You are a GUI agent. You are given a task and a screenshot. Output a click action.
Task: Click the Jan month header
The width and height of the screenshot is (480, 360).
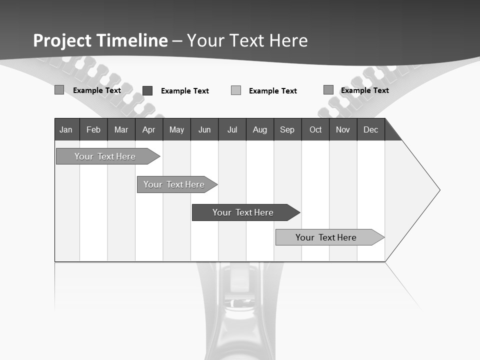(66, 130)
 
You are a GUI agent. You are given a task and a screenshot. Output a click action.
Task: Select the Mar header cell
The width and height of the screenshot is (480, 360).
(121, 130)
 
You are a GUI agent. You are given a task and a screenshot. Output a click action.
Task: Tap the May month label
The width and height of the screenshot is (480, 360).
(176, 130)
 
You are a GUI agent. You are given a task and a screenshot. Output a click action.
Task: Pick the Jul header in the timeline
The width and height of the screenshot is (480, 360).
(232, 130)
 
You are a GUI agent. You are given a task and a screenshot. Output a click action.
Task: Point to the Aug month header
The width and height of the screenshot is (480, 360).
(260, 130)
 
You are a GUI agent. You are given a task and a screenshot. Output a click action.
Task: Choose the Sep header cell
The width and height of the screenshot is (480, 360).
(287, 130)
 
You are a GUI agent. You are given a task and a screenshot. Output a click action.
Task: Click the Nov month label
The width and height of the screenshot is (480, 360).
(343, 130)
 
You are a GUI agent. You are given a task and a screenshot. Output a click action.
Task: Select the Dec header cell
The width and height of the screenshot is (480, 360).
(371, 130)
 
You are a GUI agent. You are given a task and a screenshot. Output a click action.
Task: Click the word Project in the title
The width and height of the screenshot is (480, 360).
(62, 40)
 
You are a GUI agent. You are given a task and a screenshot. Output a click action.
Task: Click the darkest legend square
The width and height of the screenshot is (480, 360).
(147, 90)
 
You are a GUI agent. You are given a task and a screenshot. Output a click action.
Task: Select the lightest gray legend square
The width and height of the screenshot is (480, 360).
(236, 90)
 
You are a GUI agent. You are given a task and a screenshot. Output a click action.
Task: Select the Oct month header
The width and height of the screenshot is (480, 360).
(315, 130)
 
